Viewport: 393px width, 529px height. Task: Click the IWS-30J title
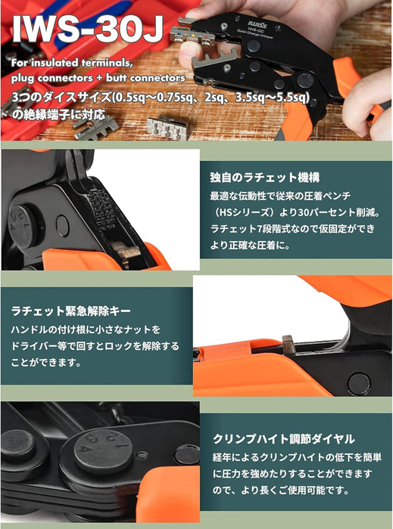[88, 29]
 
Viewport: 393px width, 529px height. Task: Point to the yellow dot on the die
[193, 35]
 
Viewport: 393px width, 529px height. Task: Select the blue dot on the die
[179, 33]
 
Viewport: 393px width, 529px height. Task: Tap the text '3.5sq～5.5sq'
[273, 97]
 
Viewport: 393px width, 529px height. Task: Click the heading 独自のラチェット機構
[264, 177]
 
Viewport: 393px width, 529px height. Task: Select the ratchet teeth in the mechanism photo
[101, 209]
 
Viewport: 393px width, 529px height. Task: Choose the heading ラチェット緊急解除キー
[70, 311]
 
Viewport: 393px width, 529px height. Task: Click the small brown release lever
[288, 345]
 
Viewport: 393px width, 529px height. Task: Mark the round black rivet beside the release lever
[358, 384]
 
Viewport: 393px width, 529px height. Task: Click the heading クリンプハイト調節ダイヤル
[283, 439]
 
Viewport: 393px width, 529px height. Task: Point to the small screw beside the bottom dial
[142, 456]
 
